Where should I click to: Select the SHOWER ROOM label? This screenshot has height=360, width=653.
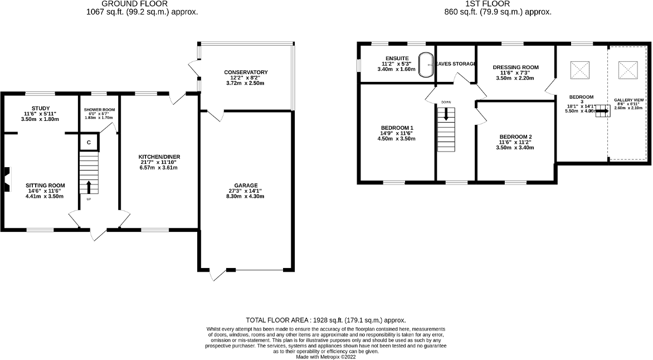click(x=99, y=110)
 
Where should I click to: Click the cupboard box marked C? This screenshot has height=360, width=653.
click(x=89, y=142)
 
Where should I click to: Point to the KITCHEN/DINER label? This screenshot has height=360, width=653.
click(x=159, y=157)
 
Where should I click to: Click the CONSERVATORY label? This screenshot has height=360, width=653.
click(x=246, y=72)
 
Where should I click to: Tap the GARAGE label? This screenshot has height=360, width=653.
click(x=246, y=186)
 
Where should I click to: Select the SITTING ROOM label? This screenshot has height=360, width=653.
click(x=45, y=186)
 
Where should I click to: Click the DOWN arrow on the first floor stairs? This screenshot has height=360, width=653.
click(x=446, y=115)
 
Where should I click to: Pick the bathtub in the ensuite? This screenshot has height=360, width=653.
click(x=427, y=65)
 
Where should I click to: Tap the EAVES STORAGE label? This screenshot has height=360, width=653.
click(x=455, y=64)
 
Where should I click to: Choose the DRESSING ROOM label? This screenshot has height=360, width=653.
click(x=515, y=67)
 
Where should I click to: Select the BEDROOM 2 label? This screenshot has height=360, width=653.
click(x=515, y=137)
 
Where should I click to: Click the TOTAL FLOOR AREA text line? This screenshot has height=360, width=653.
click(x=326, y=320)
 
